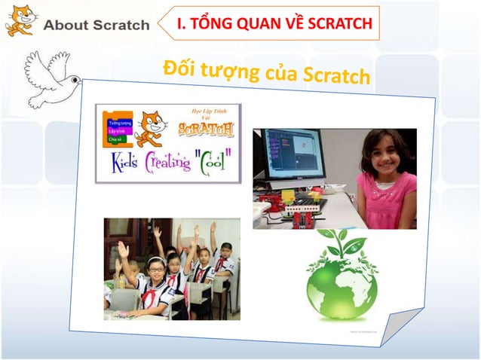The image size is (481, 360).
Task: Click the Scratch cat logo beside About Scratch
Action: point(20,20)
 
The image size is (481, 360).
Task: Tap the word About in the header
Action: point(64,25)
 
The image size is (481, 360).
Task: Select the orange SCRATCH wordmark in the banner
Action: point(206,129)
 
